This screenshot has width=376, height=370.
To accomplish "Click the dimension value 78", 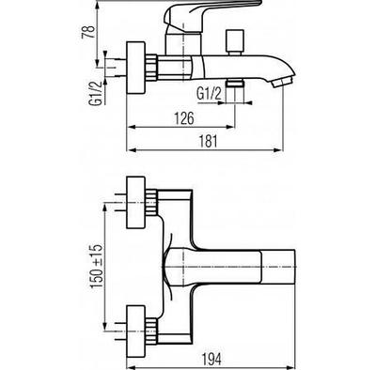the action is [x=88, y=32].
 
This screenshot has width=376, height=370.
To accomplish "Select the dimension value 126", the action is [x=184, y=118].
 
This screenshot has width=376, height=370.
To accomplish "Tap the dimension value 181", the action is [x=209, y=141].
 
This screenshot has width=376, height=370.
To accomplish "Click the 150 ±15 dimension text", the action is [x=97, y=267].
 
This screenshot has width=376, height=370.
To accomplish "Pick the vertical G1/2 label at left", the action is [x=96, y=93].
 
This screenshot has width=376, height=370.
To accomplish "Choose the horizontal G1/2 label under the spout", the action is [x=209, y=94].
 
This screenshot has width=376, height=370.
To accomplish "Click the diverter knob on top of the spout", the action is [x=235, y=42].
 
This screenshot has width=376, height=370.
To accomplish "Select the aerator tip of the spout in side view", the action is [x=283, y=83].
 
